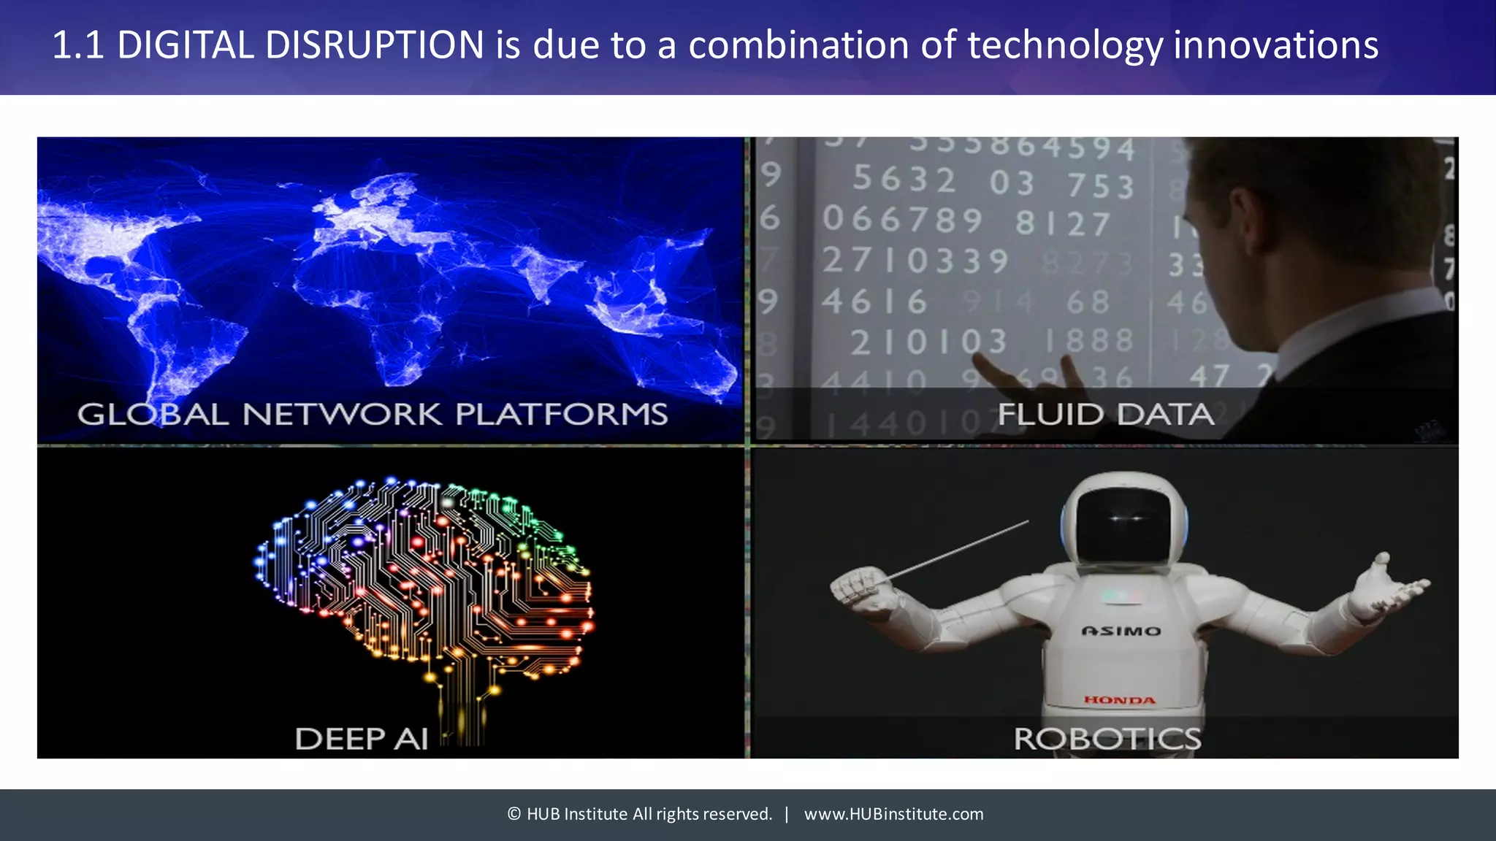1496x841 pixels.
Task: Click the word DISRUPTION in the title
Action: tap(373, 45)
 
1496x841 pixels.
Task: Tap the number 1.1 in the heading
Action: tap(77, 45)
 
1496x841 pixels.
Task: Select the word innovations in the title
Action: tap(1275, 45)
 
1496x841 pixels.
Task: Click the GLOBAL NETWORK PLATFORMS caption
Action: tap(373, 415)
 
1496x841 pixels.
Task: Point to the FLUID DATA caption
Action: tap(1106, 415)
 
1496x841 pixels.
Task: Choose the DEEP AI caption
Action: tap(362, 739)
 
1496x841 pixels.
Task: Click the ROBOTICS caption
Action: tap(1107, 739)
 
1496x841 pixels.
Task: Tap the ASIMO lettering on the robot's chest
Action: tap(1121, 631)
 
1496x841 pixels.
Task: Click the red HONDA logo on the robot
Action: tap(1119, 700)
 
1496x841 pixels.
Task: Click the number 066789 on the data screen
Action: tap(903, 219)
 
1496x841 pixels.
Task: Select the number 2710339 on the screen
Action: tap(915, 261)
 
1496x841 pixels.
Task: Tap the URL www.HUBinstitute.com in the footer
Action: tap(893, 814)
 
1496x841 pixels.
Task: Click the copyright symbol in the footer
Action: tap(514, 814)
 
